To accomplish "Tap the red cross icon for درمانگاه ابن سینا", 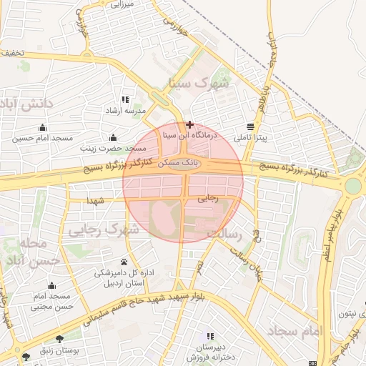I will click(189, 124).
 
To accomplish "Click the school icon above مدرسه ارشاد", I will click(126, 100).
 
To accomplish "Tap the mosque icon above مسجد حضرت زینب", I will click(113, 137).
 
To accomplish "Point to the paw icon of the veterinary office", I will click(124, 262).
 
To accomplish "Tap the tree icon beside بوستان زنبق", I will click(59, 339).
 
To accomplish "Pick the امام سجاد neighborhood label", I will click(295, 331).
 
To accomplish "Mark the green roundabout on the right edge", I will click(353, 186).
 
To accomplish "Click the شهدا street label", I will click(96, 201).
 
